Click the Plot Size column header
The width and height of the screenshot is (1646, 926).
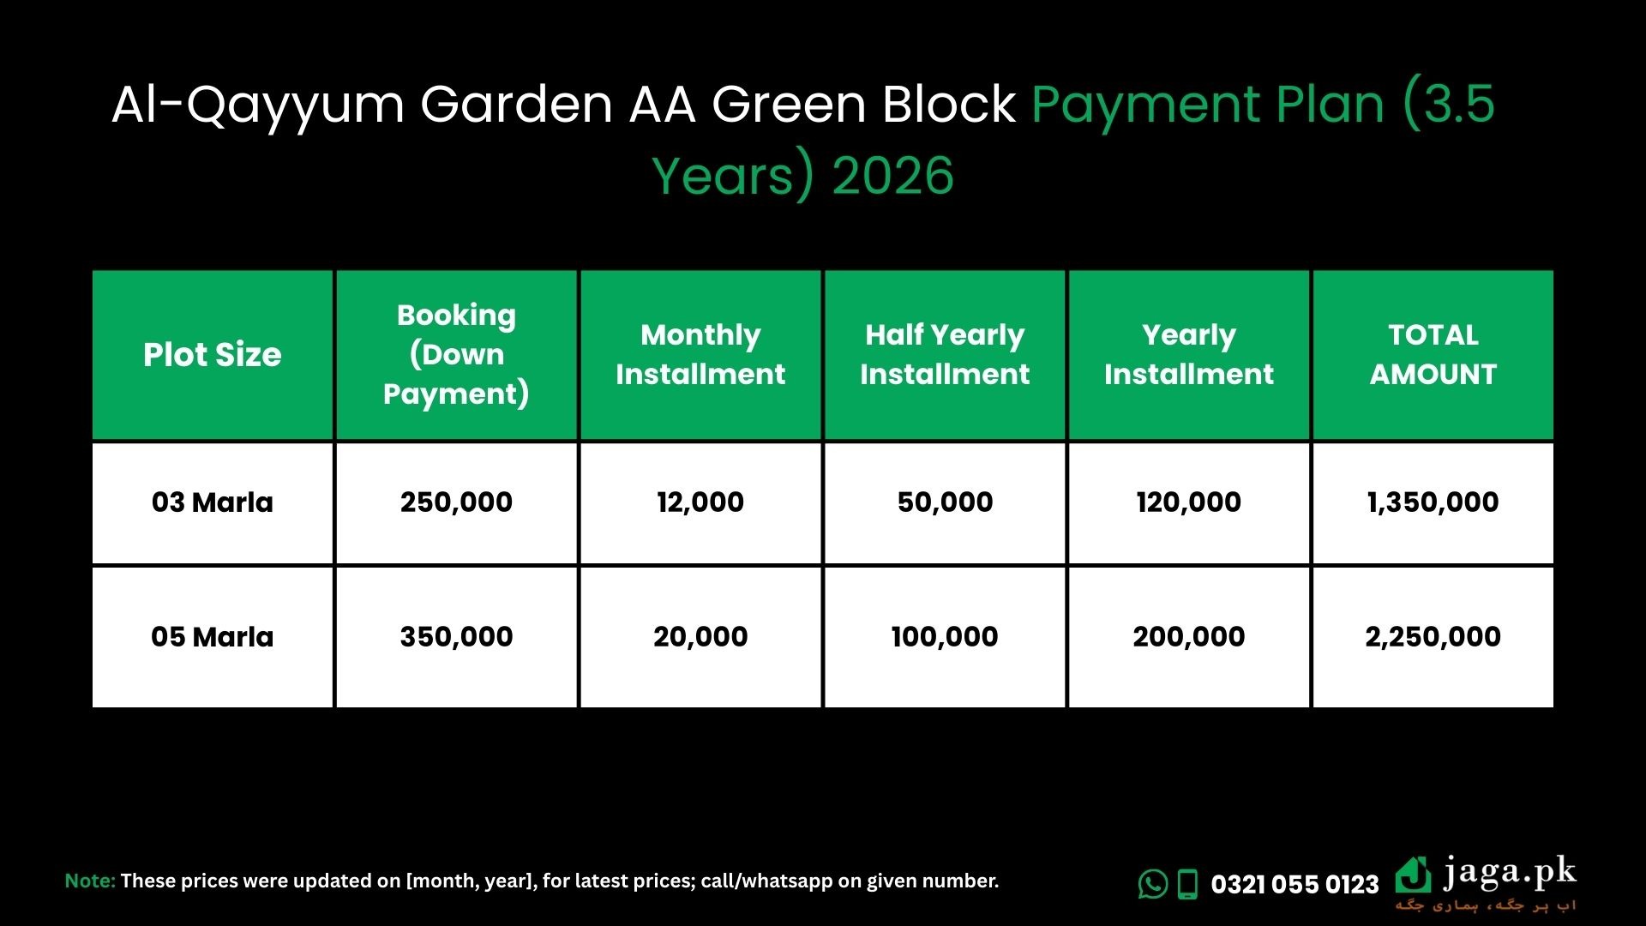click(212, 355)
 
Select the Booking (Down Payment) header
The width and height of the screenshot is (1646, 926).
click(456, 355)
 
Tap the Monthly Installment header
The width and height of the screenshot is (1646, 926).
click(700, 355)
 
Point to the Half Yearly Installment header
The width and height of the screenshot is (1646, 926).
click(945, 355)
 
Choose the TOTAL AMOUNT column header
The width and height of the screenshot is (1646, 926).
click(1433, 355)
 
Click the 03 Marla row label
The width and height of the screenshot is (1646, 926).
click(212, 502)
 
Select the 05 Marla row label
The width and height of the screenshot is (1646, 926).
click(212, 637)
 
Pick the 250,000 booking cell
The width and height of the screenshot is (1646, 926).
click(456, 502)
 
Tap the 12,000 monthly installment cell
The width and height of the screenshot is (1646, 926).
click(700, 502)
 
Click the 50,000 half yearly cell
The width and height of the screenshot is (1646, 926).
click(945, 502)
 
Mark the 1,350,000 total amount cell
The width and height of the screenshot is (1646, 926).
click(1433, 502)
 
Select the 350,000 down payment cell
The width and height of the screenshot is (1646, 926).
click(456, 637)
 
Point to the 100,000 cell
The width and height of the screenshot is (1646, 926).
click(945, 637)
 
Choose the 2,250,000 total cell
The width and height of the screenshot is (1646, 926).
click(1433, 637)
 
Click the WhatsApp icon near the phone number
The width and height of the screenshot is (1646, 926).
click(1153, 884)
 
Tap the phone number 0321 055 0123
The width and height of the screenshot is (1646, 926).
click(1295, 884)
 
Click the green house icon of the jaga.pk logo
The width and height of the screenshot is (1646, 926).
click(1413, 875)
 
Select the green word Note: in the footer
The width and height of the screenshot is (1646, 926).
click(90, 881)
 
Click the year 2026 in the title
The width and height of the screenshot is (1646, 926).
click(892, 176)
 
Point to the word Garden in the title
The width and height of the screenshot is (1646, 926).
click(516, 105)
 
